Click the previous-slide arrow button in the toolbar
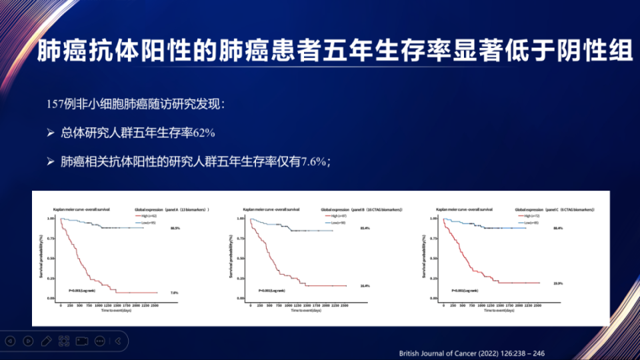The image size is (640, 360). pos(10,341)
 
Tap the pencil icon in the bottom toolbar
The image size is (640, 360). pos(46,341)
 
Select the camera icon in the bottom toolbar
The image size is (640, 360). pos(82,341)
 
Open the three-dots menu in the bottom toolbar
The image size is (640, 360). pos(100,341)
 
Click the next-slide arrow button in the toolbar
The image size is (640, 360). pos(28,341)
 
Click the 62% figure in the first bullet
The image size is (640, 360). pos(203,133)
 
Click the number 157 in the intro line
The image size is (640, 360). pos(55,105)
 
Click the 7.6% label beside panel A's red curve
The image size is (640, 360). pos(175,293)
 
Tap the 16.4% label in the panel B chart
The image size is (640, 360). pos(365,286)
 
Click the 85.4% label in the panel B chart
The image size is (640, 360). pos(365,229)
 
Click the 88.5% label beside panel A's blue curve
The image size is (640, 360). pos(175,228)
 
